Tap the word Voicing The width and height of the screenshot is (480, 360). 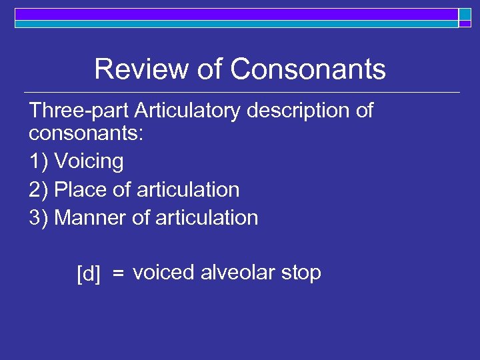coord(89,162)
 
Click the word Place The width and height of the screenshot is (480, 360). coord(81,190)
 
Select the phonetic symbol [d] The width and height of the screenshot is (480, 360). coord(89,274)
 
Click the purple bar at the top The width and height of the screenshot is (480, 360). coord(233,13)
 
